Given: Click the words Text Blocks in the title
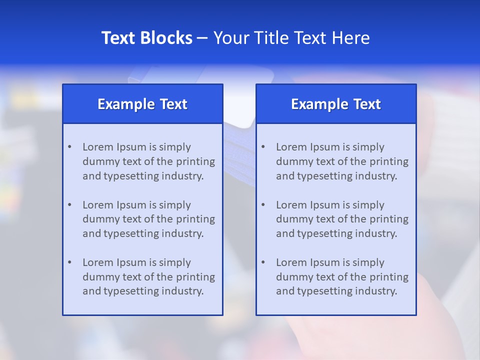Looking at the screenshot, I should click(146, 38).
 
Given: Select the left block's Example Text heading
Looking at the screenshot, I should click(142, 104).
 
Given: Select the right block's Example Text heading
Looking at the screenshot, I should click(336, 104).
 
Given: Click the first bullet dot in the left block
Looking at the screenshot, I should click(69, 147).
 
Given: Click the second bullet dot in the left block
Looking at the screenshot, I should click(69, 205).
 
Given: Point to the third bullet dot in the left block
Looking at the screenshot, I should click(69, 262).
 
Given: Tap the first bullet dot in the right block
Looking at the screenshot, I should click(263, 147).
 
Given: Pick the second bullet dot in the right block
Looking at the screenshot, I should click(263, 205).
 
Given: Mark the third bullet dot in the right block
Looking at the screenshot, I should click(263, 262).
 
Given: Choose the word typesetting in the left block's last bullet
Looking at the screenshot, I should click(131, 291).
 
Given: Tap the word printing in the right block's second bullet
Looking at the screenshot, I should click(389, 219).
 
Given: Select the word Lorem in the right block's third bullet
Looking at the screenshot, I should click(290, 262).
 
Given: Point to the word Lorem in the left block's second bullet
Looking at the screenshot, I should click(97, 205).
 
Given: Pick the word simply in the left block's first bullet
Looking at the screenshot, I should click(175, 147).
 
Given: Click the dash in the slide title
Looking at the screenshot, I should click(202, 38).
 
